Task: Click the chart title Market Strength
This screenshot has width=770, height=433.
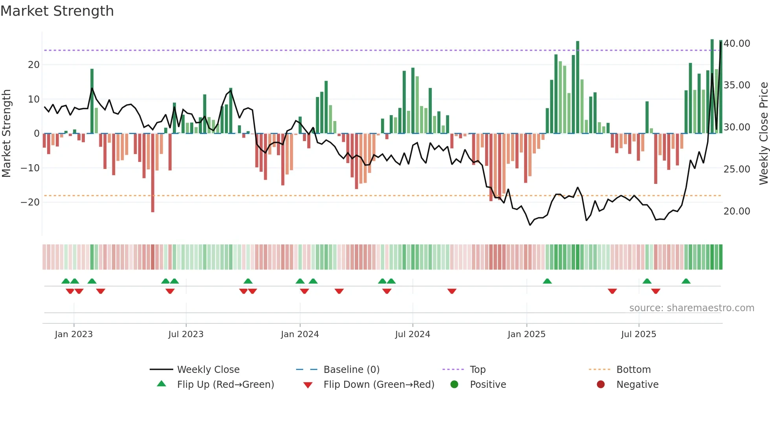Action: click(x=57, y=11)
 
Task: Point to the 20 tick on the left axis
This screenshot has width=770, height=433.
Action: click(x=34, y=65)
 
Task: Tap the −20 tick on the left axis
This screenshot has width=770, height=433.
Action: click(x=30, y=202)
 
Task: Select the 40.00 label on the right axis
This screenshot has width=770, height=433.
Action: click(x=737, y=44)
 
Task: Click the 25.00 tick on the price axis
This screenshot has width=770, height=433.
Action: click(x=737, y=169)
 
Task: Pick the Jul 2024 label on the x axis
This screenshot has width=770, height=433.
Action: click(x=412, y=334)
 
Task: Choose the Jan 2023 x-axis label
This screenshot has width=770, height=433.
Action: click(x=74, y=334)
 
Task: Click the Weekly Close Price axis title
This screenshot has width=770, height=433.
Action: click(x=763, y=134)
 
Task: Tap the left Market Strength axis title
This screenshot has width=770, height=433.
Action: click(x=6, y=134)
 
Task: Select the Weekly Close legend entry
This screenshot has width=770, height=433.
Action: click(x=208, y=370)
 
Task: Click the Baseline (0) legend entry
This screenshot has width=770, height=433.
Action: click(x=351, y=370)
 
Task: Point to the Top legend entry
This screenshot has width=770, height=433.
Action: click(x=477, y=370)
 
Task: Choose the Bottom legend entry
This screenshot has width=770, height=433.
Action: click(x=633, y=370)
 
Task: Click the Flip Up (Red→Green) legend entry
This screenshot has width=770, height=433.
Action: click(x=225, y=385)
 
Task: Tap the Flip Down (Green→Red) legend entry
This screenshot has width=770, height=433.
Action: click(x=379, y=385)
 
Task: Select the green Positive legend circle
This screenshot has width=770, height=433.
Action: click(x=455, y=385)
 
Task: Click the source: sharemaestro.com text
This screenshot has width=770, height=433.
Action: click(x=691, y=308)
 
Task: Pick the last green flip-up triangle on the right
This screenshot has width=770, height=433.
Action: click(x=686, y=281)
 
